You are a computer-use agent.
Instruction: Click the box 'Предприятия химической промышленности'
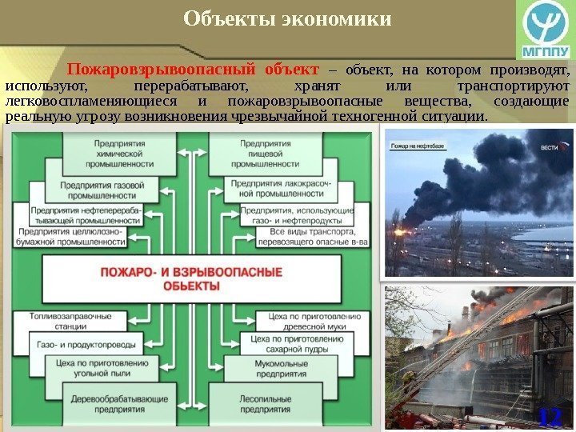click(x=119, y=152)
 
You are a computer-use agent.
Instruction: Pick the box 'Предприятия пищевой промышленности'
click(x=254, y=152)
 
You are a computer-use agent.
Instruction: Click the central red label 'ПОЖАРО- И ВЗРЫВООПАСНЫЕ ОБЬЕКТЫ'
click(x=190, y=278)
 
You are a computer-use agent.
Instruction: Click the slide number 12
click(x=549, y=417)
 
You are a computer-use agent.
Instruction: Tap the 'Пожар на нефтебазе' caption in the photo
click(x=416, y=146)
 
